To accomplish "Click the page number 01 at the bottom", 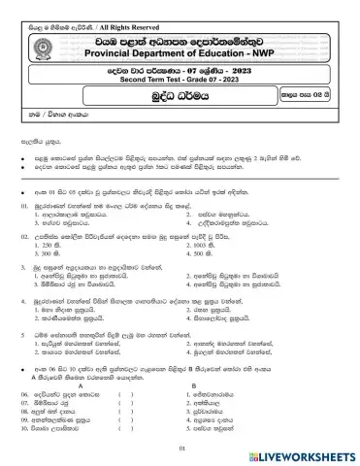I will point(180,448).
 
